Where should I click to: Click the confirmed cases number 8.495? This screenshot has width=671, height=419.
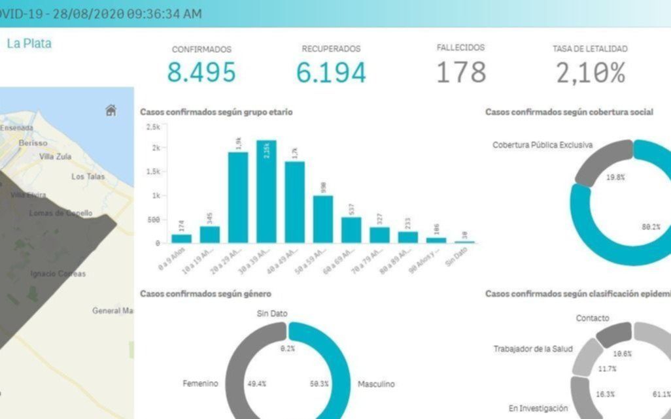point(201,72)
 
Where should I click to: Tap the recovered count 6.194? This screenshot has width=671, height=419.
point(330,72)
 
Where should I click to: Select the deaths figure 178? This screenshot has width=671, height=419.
point(461,72)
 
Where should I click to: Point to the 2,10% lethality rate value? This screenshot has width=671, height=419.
point(591,72)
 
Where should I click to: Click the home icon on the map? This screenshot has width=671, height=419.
point(111,110)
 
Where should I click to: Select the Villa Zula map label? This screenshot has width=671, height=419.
point(56,157)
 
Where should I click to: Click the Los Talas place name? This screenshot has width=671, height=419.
point(87,176)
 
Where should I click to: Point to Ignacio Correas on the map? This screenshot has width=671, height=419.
point(58,273)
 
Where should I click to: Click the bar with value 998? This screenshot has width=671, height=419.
point(323,219)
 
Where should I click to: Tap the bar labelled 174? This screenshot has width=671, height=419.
point(181,239)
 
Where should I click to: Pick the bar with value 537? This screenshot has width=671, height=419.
point(351,230)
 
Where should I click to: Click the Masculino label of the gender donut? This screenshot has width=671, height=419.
point(376,384)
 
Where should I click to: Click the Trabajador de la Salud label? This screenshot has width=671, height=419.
point(532,348)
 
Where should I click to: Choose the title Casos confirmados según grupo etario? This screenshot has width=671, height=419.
point(216,112)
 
